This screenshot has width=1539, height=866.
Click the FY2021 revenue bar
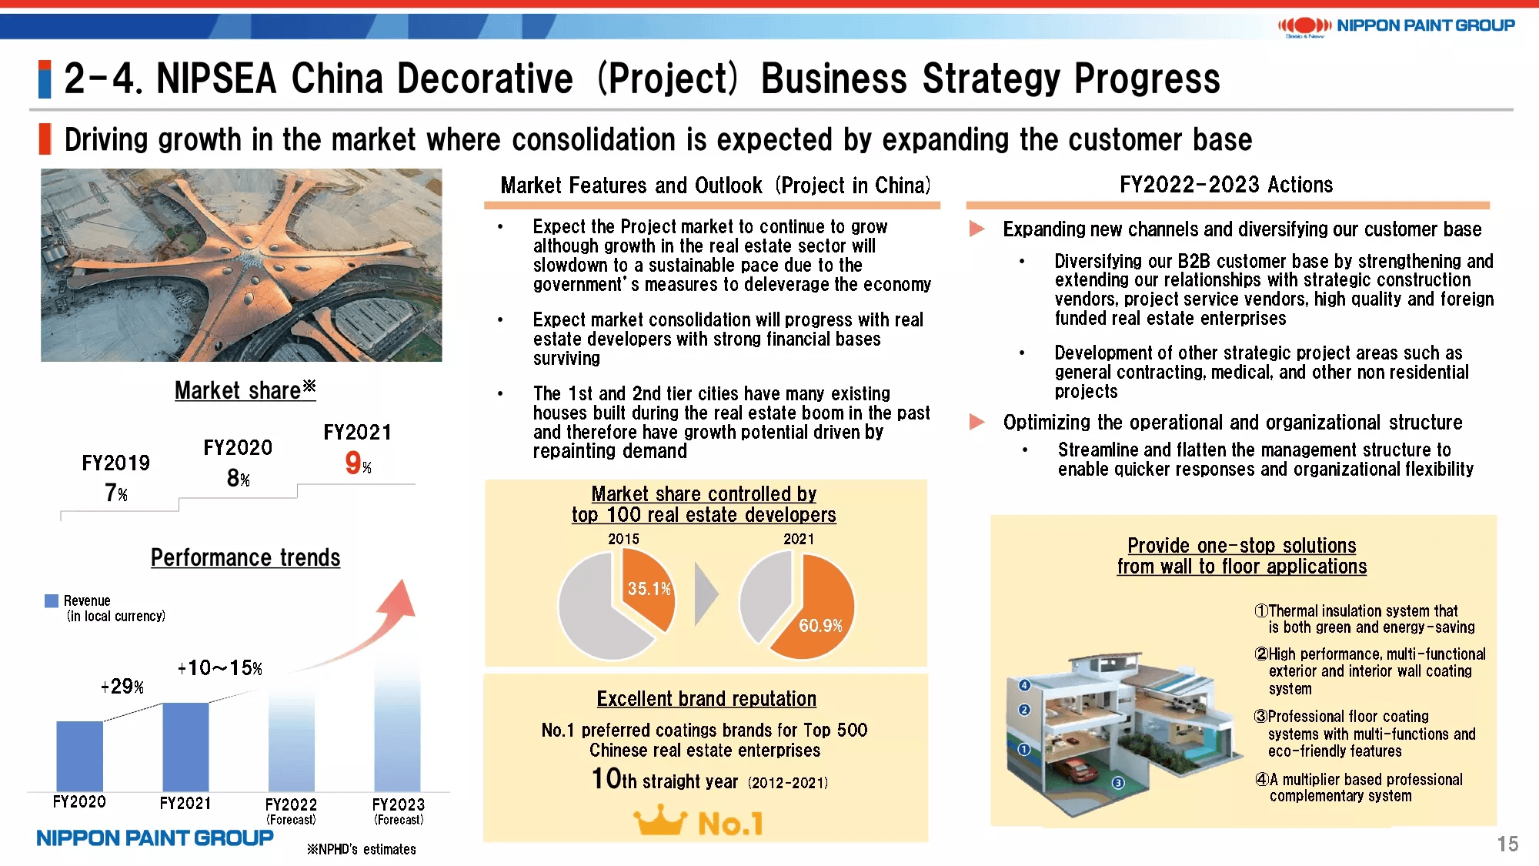tap(185, 747)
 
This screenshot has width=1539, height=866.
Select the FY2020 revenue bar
tap(79, 756)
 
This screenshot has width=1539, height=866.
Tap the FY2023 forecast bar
tap(398, 724)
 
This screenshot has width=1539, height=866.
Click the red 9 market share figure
tap(352, 463)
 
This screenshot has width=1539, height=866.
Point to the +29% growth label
tap(122, 686)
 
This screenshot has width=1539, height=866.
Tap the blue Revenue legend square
tap(52, 600)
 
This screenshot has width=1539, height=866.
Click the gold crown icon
tap(660, 821)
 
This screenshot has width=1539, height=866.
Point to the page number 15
tap(1507, 844)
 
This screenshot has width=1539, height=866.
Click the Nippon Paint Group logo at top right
tap(1396, 26)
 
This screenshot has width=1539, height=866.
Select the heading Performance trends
tap(245, 557)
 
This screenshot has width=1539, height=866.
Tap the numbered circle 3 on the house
tap(1118, 783)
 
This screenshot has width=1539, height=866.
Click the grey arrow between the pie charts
tap(706, 594)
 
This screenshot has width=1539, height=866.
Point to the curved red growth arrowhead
tap(400, 597)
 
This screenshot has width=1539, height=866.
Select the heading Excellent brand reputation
tap(706, 699)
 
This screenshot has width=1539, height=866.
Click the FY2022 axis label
tap(291, 804)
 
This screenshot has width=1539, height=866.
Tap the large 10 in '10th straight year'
tap(606, 778)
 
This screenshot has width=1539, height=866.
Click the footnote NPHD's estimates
tap(362, 849)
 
